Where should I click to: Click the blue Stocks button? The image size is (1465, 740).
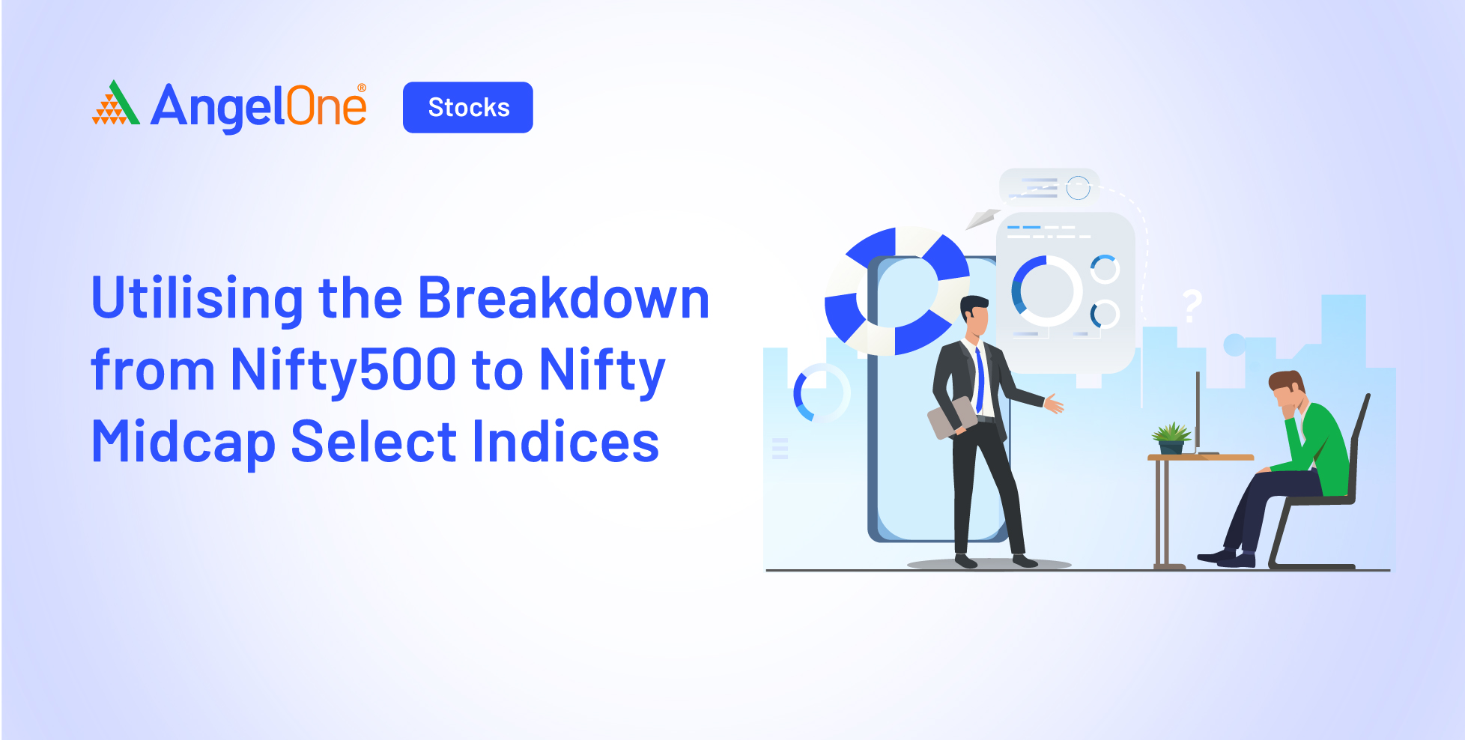[x=468, y=107]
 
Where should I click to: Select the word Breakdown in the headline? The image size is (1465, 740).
[x=563, y=298]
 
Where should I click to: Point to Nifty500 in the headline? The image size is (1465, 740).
[x=344, y=370]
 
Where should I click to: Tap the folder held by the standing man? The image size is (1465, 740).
[x=952, y=417]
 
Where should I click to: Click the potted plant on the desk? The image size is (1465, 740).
[x=1171, y=438]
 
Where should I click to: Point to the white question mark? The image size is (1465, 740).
[x=1192, y=306]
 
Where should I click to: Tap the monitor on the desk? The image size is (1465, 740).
[x=1198, y=412]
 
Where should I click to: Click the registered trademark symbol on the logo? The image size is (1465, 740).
[x=362, y=88]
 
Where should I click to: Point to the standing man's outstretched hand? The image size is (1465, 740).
[x=1054, y=404]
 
